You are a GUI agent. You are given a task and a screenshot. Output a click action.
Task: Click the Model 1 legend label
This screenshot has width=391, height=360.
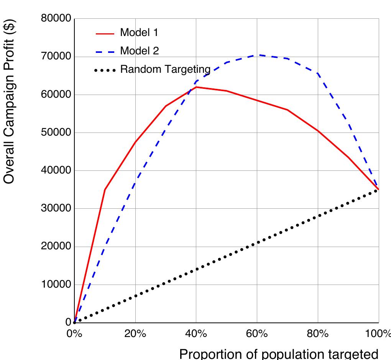(x=139, y=33)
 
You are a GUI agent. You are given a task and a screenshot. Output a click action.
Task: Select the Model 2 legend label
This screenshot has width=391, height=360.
(x=139, y=51)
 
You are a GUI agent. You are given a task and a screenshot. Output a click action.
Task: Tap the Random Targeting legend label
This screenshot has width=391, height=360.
(x=165, y=69)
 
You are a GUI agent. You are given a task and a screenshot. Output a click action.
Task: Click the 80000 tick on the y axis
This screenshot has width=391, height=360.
(x=56, y=18)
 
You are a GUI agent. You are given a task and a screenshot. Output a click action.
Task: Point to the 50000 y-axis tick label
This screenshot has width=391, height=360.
(x=56, y=133)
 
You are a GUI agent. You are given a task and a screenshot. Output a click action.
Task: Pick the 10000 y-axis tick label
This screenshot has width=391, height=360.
(x=56, y=285)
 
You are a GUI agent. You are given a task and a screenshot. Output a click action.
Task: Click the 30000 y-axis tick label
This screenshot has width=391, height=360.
(x=56, y=208)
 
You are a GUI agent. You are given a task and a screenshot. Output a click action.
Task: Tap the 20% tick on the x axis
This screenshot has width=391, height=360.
(x=135, y=334)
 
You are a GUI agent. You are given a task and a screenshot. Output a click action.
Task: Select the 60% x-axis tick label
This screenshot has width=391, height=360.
(x=257, y=334)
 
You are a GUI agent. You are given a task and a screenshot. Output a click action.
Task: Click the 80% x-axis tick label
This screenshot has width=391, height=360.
(x=318, y=334)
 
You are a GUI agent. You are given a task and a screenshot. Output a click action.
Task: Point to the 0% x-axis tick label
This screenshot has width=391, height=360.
(x=74, y=334)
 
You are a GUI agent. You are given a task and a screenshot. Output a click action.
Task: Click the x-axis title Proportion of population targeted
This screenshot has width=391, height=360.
(x=279, y=353)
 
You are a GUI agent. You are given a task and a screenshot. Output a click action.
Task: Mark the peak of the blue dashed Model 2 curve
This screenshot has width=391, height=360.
(x=257, y=55)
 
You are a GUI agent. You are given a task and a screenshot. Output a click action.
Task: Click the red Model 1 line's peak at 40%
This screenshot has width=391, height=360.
(x=196, y=87)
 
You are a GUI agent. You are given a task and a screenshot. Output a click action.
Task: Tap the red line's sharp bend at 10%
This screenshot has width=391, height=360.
(x=105, y=190)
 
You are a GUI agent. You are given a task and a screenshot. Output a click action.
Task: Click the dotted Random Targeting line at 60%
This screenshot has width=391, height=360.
(x=257, y=243)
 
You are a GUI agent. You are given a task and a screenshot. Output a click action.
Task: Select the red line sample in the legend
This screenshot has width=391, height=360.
(x=105, y=34)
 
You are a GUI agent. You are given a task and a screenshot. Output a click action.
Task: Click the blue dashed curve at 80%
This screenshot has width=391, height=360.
(x=318, y=74)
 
